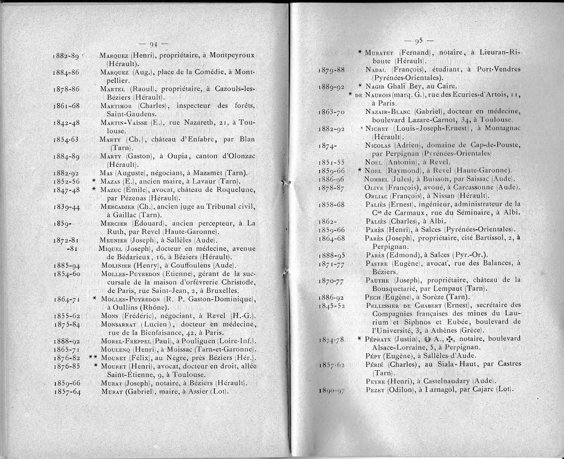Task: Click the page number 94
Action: [x=153, y=45]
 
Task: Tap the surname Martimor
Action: [x=115, y=106]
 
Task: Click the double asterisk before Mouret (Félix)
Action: [x=93, y=357]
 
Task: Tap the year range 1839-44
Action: [x=68, y=207]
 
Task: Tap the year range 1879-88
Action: [x=332, y=70]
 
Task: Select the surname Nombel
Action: [x=377, y=179]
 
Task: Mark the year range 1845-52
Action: [x=332, y=306]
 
